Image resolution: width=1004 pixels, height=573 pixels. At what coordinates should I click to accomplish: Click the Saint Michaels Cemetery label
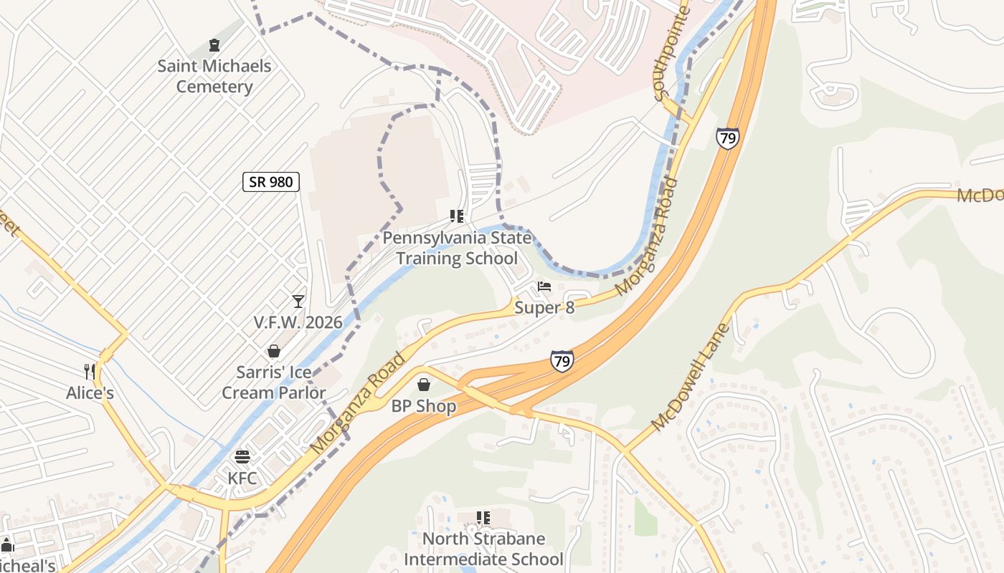pos(214,77)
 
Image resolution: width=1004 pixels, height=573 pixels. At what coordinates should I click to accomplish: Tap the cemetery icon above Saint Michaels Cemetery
pos(214,46)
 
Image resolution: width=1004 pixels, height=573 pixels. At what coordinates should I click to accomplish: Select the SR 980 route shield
pos(270,182)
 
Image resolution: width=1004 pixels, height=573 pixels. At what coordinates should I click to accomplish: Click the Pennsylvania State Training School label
pos(457,248)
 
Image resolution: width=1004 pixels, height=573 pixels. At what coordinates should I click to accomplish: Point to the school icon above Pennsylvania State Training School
pos(457,216)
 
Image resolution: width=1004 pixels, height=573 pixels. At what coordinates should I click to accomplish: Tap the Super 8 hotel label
pos(544,308)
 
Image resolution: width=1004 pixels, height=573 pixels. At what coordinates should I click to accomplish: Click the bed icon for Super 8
pos(544,287)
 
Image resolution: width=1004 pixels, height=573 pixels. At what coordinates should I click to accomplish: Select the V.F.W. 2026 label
pos(298,323)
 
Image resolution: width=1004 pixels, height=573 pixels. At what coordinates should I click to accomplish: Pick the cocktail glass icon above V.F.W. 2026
pos(298,302)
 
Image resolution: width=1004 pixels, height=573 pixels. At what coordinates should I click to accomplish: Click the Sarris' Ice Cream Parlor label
pos(273,382)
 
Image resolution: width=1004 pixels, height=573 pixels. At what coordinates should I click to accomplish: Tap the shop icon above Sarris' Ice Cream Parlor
pos(273,351)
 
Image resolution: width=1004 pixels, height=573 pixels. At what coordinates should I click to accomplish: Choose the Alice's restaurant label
pos(90,393)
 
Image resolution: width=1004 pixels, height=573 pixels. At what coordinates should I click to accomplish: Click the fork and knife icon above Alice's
pos(90,371)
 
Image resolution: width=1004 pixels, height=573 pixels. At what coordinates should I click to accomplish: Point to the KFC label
pos(242,478)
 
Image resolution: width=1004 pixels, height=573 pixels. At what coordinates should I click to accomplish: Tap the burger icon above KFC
pos(242,457)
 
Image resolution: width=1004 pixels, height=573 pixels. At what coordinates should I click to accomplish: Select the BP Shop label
pos(423,406)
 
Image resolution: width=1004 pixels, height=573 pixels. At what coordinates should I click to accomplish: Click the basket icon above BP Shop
pos(424,385)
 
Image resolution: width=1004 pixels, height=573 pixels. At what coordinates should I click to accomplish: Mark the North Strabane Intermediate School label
pos(483,549)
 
